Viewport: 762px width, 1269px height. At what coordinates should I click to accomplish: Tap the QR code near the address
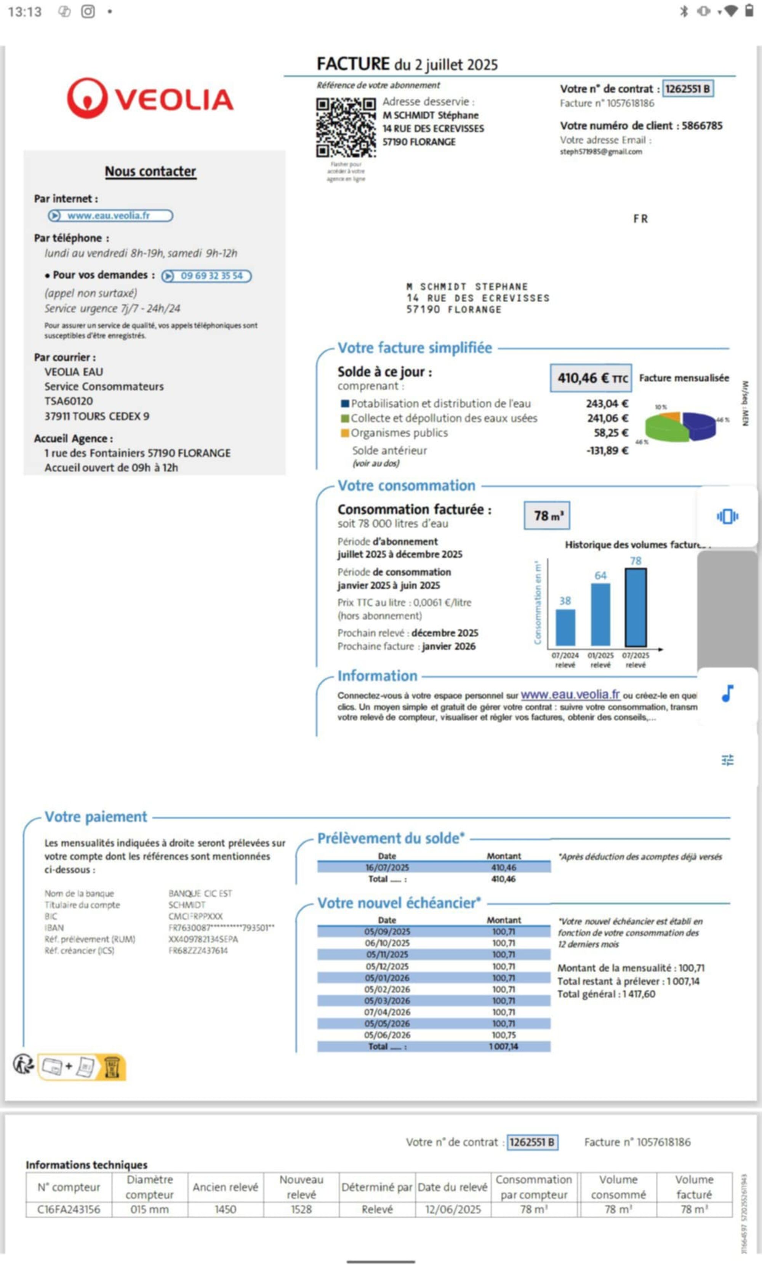coord(346,127)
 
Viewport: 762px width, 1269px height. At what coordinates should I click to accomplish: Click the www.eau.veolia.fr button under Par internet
coord(110,215)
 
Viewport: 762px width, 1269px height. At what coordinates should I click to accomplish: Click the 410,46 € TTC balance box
coord(591,378)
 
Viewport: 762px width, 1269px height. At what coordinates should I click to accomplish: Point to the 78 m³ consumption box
coord(547,516)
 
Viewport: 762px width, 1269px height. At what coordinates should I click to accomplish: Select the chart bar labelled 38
coord(565,627)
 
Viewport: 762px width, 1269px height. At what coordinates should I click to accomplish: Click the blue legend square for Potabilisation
coord(345,404)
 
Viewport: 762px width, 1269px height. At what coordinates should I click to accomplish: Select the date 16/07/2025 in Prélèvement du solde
coord(387,867)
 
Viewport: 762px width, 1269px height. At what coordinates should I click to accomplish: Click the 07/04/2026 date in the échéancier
coord(387,1012)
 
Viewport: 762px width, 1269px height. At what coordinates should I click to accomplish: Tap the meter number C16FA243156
coord(69,1210)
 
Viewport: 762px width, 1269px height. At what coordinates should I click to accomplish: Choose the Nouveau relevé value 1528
coord(301,1210)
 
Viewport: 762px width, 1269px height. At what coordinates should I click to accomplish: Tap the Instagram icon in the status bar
coord(88,11)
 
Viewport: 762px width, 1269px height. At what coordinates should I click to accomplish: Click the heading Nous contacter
coord(150,171)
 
